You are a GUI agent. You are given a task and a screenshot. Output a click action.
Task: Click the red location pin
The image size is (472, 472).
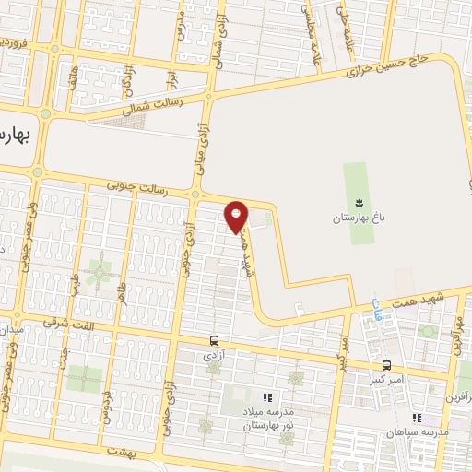point(237,216)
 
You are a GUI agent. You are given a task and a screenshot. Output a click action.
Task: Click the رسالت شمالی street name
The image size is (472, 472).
point(147,108)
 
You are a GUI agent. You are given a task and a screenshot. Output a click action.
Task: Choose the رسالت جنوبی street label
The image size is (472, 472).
point(136,189)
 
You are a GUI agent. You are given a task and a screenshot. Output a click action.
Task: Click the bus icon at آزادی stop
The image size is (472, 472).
point(215,338)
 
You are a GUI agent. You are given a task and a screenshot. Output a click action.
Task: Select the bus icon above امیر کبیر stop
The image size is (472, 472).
point(386,363)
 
